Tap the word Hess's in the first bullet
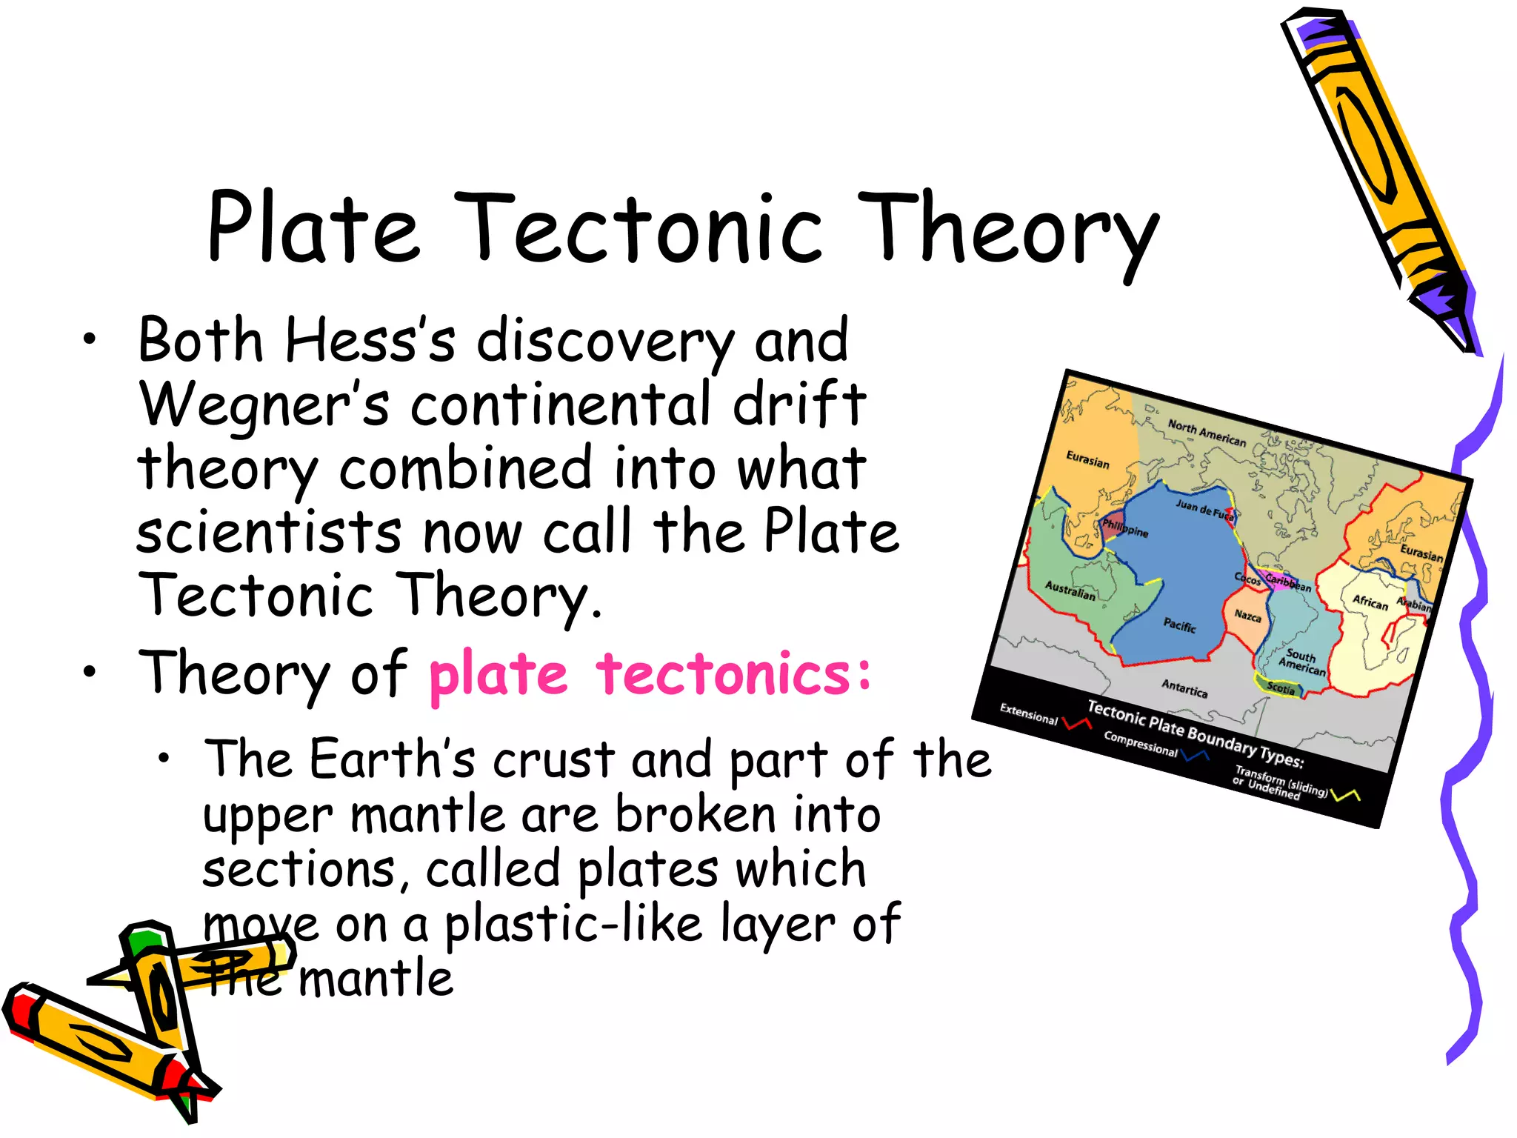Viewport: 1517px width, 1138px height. [x=370, y=341]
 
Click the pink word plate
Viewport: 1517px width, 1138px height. [x=498, y=674]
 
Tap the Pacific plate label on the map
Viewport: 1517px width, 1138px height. [x=1179, y=625]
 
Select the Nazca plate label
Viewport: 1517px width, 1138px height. [x=1247, y=616]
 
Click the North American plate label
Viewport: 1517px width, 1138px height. [x=1207, y=433]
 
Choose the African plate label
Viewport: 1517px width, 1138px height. [x=1370, y=602]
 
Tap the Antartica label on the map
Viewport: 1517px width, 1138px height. [x=1184, y=688]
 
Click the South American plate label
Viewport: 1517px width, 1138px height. [x=1301, y=662]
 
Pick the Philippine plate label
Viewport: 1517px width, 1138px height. [x=1124, y=528]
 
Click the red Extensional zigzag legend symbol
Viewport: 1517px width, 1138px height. [x=1076, y=722]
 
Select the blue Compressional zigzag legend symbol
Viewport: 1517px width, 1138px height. [x=1195, y=756]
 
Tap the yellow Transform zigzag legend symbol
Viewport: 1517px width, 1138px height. [x=1345, y=795]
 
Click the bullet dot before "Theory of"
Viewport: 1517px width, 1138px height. [x=90, y=672]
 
